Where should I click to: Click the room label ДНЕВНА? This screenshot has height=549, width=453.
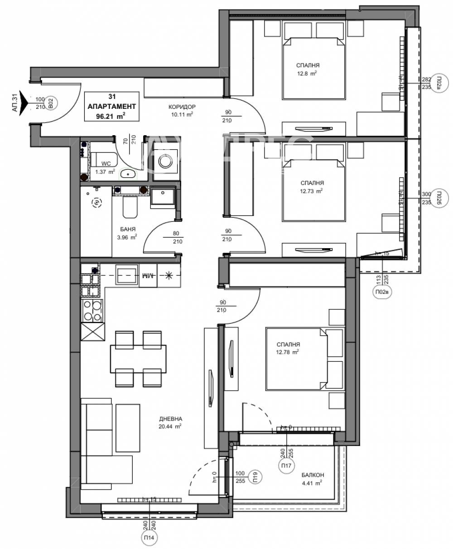[x=170, y=419]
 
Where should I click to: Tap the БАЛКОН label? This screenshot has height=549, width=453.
[x=313, y=475]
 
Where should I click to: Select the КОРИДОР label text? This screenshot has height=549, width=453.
[x=182, y=107]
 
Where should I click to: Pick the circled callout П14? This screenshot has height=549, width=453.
[x=148, y=539]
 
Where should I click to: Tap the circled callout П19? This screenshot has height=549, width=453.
[x=255, y=476]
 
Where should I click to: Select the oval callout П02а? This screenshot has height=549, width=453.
[x=439, y=83]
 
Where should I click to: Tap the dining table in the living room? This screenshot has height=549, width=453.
[x=138, y=358]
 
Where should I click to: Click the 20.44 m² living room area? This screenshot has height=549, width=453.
[x=171, y=426]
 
